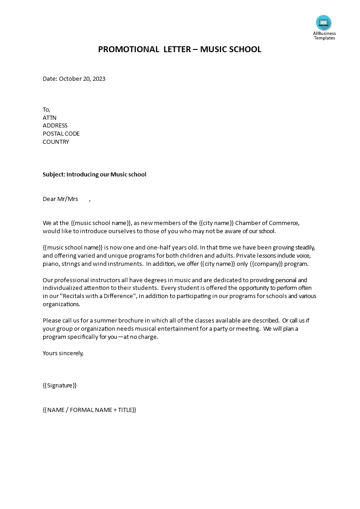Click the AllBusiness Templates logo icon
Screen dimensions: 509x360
[324, 23]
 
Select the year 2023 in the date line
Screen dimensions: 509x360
[99, 78]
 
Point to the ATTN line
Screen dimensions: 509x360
[49, 117]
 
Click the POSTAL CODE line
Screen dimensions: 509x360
[61, 134]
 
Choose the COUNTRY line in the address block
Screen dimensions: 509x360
[56, 142]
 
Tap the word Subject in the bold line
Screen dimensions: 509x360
[54, 174]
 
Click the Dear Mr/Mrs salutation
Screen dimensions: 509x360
[60, 199]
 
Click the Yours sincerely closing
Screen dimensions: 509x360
[63, 353]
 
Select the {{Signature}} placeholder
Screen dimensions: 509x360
[60, 386]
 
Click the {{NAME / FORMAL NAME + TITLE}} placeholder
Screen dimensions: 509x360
[89, 410]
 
